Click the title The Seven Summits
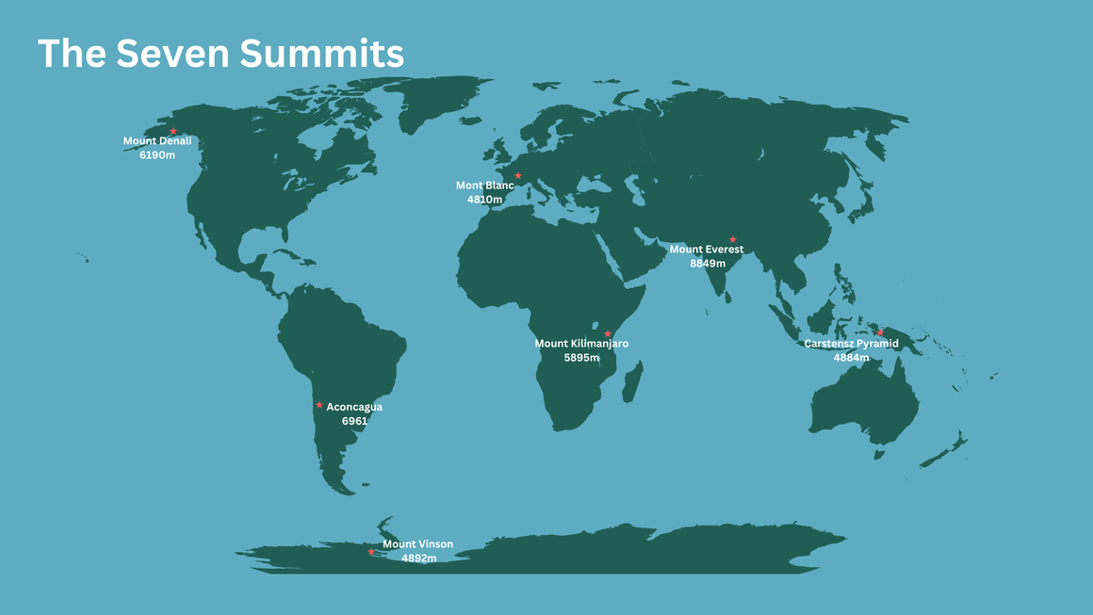click(220, 54)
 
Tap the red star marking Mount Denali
click(173, 131)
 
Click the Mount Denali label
click(157, 141)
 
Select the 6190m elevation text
click(157, 154)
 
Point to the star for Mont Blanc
click(517, 176)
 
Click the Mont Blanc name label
click(485, 186)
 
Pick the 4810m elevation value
click(485, 200)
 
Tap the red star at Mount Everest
click(732, 239)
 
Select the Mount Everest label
click(707, 250)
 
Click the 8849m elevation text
click(708, 264)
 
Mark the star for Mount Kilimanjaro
click(608, 333)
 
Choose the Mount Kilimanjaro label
click(581, 344)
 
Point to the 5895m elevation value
click(581, 358)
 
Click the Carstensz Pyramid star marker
click(880, 332)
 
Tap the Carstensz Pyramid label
click(851, 344)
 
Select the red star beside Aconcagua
click(319, 405)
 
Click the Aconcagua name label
click(354, 408)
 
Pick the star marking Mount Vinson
click(371, 552)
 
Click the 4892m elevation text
click(418, 558)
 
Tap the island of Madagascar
click(632, 381)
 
